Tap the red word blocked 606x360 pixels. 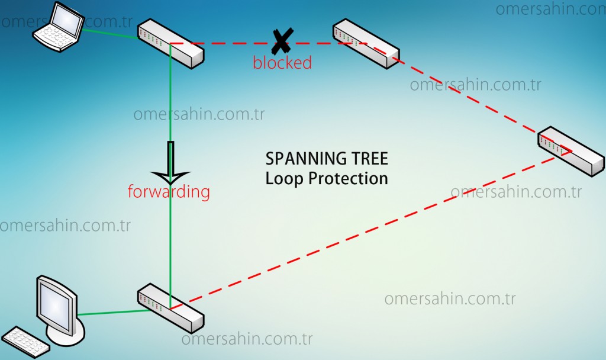tap(282, 63)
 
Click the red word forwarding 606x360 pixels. tap(169, 192)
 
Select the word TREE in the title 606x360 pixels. tap(369, 159)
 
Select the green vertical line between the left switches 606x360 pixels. tap(170, 237)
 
